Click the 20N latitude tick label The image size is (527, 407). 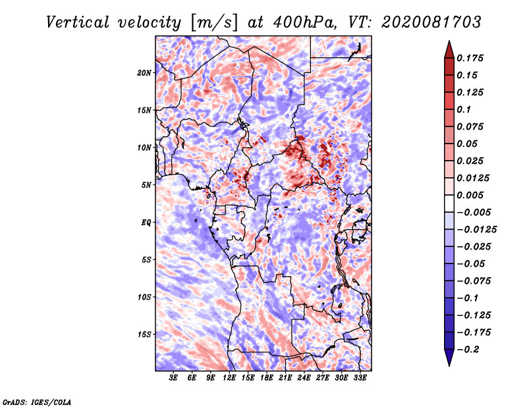(x=144, y=72)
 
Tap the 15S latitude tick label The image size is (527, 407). (x=144, y=334)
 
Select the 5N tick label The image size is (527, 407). (x=146, y=184)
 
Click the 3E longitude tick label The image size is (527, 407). (x=174, y=378)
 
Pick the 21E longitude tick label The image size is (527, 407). (x=285, y=378)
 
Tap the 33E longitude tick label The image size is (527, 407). (x=360, y=378)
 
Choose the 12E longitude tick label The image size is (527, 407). (x=229, y=378)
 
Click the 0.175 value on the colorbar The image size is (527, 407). (x=472, y=58)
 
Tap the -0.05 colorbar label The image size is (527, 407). (x=472, y=263)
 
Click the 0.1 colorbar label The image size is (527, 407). (x=466, y=109)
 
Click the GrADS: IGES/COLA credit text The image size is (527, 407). (x=36, y=401)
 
